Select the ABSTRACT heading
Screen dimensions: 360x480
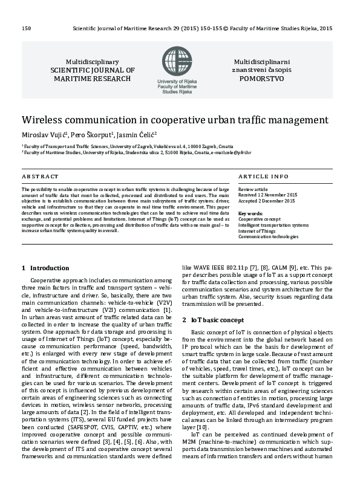coord(40,177)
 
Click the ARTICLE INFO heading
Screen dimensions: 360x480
coord(263,177)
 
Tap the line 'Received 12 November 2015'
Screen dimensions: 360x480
coord(267,195)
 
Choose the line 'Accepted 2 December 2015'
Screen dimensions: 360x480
coord(266,201)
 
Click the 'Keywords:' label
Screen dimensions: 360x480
coord(250,213)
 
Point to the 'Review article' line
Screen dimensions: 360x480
coord(252,190)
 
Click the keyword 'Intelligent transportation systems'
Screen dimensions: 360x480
coord(273,225)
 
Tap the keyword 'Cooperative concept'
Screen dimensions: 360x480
coord(260,219)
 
